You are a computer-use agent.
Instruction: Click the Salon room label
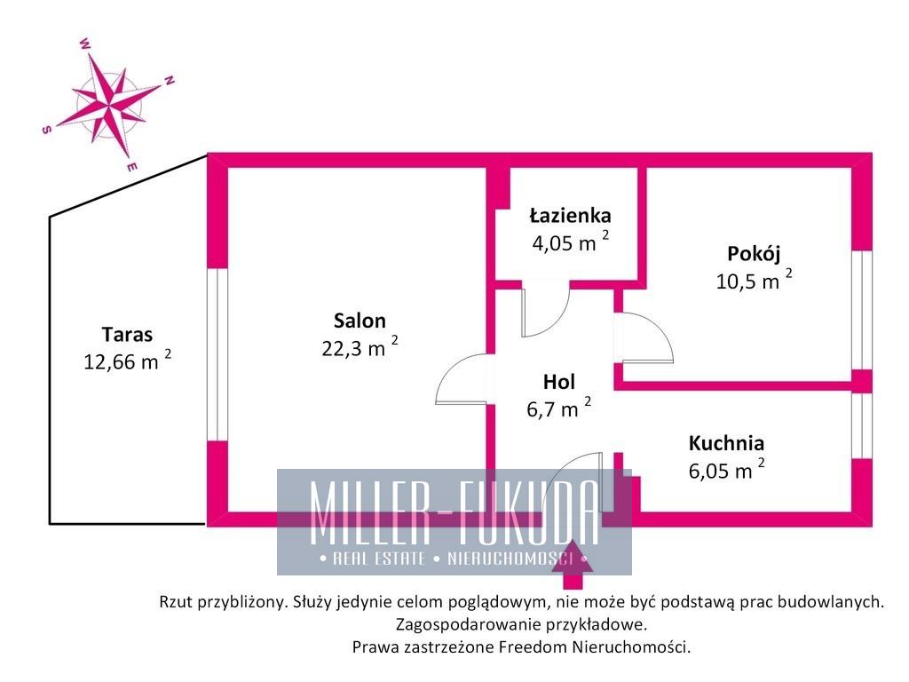point(360,321)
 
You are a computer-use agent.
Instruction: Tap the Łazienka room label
point(571,216)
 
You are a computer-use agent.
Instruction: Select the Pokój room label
point(754,254)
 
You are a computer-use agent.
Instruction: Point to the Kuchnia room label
point(726,443)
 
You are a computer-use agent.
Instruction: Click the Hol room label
point(559,382)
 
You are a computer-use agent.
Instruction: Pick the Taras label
point(128,335)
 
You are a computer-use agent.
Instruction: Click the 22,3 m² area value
point(360,347)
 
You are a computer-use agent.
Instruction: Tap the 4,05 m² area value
point(571,242)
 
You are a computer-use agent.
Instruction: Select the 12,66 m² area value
point(128,361)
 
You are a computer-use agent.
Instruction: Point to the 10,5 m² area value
point(754,280)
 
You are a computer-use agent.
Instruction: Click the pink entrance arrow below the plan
point(573,565)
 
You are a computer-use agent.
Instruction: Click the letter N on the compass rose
point(170,81)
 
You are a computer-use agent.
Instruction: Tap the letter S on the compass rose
point(47,130)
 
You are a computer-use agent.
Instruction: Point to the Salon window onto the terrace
point(217,353)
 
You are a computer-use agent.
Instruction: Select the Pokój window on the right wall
point(862,310)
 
